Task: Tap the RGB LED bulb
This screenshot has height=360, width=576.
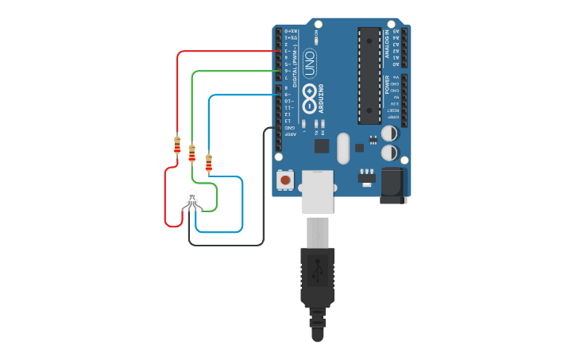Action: tap(192, 196)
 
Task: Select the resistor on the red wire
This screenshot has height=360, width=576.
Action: tap(177, 145)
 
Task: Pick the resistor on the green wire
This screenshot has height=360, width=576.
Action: tap(192, 153)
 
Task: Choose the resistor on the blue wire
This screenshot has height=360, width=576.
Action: tap(208, 162)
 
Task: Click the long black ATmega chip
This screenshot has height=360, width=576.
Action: tap(369, 75)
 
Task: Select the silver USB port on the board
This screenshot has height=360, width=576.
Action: tap(317, 191)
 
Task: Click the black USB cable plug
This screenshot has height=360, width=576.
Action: tap(317, 278)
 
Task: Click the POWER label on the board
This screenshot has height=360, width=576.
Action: tap(387, 85)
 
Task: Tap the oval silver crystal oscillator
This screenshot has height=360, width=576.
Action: tap(342, 148)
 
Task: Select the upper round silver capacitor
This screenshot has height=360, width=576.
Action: tap(390, 134)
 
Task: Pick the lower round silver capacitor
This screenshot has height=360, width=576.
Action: tap(390, 153)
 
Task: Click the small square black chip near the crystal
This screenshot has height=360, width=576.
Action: tap(321, 145)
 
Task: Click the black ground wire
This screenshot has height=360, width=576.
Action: tap(263, 191)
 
